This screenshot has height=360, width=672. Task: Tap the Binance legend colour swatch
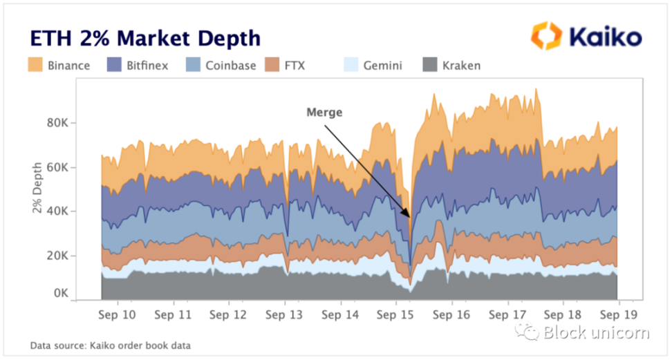(36, 65)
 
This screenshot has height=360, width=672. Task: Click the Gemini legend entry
(374, 66)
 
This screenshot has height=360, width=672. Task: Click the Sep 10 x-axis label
(118, 314)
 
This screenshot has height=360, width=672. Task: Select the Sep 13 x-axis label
(285, 314)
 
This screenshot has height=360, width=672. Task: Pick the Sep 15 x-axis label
(396, 314)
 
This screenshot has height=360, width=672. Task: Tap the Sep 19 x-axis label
(617, 314)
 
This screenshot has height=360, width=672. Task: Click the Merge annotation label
(324, 111)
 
